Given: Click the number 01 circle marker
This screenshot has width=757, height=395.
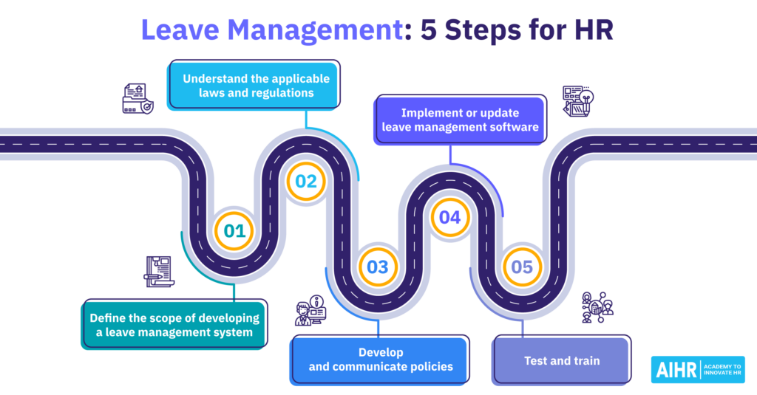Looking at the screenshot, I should tap(234, 230).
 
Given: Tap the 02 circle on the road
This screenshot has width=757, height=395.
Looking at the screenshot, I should tap(306, 181).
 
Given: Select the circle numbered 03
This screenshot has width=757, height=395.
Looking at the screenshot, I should tap(377, 267).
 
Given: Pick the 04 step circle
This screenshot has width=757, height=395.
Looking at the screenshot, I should tap(449, 217).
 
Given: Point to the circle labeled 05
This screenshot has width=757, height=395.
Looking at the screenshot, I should tap(521, 267).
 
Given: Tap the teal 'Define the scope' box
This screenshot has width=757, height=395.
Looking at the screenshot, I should tap(174, 325).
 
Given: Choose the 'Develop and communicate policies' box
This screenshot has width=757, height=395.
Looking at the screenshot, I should tap(379, 360).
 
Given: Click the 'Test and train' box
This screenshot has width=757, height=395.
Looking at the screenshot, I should tap(561, 360).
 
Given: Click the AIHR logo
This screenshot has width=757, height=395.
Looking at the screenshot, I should tap(674, 369).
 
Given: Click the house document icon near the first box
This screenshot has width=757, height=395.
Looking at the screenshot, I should tap(138, 98).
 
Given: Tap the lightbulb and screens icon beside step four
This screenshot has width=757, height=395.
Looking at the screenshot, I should tap(577, 100).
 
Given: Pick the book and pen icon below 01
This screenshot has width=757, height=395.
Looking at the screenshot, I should tap(158, 270).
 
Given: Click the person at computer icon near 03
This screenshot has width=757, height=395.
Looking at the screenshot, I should tap(310, 310).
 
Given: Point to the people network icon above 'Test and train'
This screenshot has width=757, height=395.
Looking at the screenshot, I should tap(597, 307).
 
